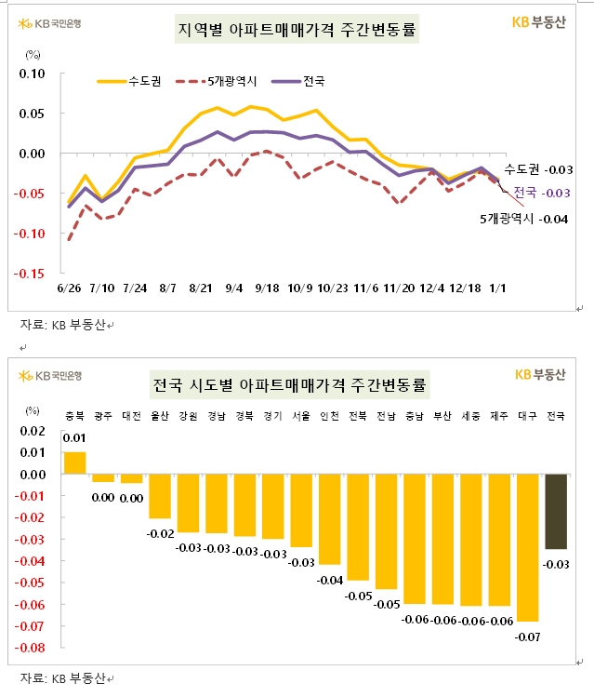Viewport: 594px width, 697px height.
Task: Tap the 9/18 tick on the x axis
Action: (266, 289)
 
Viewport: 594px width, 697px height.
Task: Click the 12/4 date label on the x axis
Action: (432, 289)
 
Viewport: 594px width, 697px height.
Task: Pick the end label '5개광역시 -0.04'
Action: (522, 219)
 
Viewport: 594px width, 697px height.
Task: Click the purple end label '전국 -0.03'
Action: (541, 192)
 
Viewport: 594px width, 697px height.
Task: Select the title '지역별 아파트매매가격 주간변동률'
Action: (297, 31)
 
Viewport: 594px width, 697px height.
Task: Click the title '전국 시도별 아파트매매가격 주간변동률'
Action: (297, 384)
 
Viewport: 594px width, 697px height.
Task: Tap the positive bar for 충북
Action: (75, 462)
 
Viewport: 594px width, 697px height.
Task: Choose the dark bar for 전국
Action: (557, 511)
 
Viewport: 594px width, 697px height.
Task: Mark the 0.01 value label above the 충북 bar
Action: (74, 437)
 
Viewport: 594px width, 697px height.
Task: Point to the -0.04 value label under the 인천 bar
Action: (329, 580)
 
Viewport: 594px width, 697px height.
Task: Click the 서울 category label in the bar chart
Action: (301, 416)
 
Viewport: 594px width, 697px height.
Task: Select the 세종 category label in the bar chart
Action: (471, 416)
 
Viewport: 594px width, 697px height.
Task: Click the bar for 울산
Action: (160, 496)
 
